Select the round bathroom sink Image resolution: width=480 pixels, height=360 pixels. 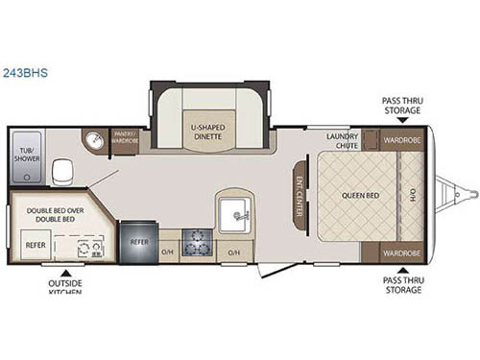tap(95, 142)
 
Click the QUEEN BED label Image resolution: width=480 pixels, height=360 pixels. tap(355, 196)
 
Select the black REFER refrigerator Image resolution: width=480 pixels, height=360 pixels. tap(138, 243)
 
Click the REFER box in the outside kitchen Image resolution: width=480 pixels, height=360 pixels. tap(35, 245)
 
